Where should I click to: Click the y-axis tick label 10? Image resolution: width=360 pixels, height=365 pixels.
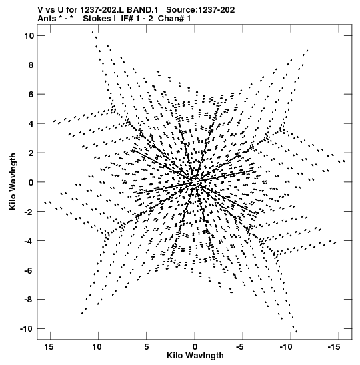click(29, 36)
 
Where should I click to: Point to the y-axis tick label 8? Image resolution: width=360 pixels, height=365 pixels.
click(31, 65)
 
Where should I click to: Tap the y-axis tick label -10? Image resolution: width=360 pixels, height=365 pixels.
click(27, 329)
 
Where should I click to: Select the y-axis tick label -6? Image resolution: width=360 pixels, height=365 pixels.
click(29, 270)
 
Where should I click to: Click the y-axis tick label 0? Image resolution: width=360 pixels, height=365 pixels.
click(31, 182)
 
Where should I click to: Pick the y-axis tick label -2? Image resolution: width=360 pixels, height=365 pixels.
click(29, 212)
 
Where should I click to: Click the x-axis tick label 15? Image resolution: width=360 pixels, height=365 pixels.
click(49, 347)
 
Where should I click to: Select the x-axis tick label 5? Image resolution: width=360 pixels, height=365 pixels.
click(147, 347)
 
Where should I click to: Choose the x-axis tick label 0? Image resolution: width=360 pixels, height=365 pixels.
click(195, 347)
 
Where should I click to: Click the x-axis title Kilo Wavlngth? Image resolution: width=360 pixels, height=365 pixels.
click(195, 356)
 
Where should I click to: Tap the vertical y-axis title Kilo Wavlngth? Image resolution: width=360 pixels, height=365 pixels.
click(13, 181)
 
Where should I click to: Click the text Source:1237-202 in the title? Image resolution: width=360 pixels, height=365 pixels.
click(201, 10)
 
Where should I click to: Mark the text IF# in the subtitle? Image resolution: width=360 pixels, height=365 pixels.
click(127, 19)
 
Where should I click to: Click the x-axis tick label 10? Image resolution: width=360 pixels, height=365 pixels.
click(97, 347)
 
